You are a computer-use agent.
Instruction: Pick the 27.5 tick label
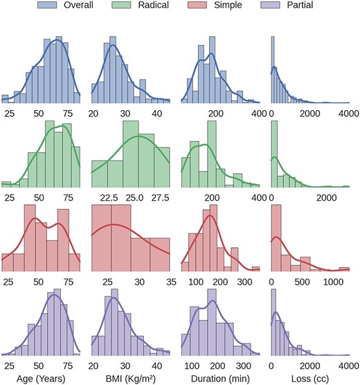click(160, 197)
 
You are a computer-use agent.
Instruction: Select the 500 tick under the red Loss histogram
click(303, 282)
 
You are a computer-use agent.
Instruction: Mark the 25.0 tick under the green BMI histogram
click(134, 197)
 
